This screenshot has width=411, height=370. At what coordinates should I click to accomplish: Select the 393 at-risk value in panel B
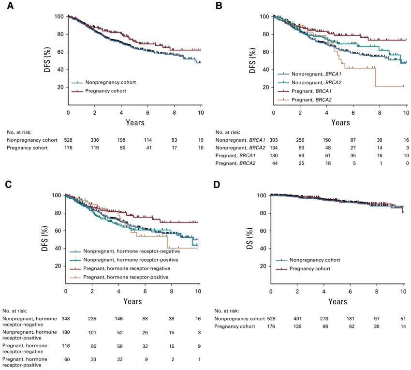pos(274,140)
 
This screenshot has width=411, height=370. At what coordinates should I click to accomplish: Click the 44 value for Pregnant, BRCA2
pos(274,163)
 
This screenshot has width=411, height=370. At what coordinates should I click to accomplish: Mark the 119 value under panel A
pos(95,148)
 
